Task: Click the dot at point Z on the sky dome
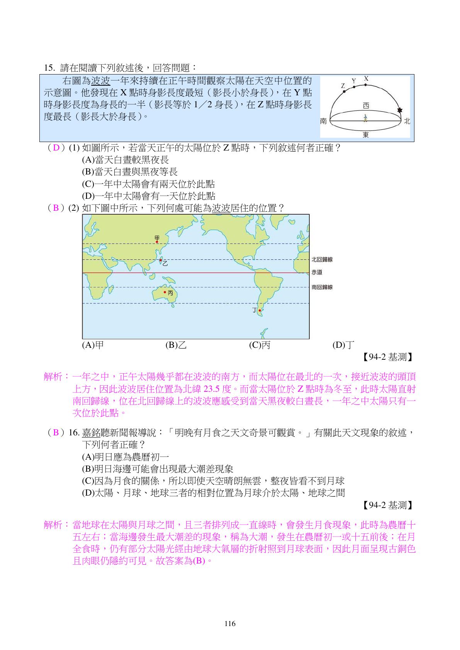pyautogui.click(x=344, y=91)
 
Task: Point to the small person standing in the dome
pyautogui.click(x=365, y=118)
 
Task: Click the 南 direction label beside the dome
pyautogui.click(x=324, y=121)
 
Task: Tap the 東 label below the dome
pyautogui.click(x=365, y=135)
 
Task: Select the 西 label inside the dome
pyautogui.click(x=366, y=105)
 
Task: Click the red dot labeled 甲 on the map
pyautogui.click(x=157, y=242)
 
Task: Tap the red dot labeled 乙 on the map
pyautogui.click(x=161, y=260)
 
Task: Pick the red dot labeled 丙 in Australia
pyautogui.click(x=165, y=292)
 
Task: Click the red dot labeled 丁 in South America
pyautogui.click(x=260, y=310)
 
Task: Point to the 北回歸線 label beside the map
pyautogui.click(x=322, y=259)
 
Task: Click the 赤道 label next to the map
pyautogui.click(x=317, y=272)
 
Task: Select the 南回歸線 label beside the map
pyautogui.click(x=322, y=287)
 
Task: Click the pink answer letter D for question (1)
pyautogui.click(x=56, y=148)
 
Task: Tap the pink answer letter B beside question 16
pyautogui.click(x=56, y=432)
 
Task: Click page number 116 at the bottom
pyautogui.click(x=230, y=623)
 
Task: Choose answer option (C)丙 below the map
pyautogui.click(x=260, y=345)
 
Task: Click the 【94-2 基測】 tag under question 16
pyautogui.click(x=388, y=505)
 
